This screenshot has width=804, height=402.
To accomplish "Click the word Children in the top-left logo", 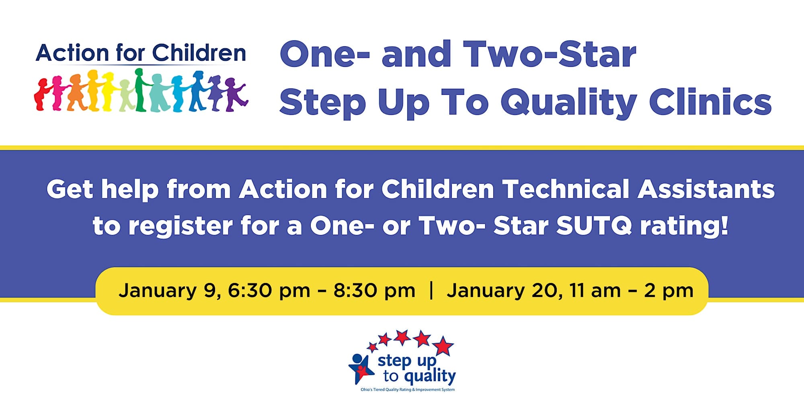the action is click(x=199, y=53).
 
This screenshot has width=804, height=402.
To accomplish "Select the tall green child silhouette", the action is click(x=140, y=90).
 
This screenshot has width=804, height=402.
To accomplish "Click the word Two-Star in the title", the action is click(x=550, y=54).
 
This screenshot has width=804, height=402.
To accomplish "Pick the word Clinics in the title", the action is click(x=710, y=102).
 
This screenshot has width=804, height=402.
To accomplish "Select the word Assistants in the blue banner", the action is click(x=706, y=189).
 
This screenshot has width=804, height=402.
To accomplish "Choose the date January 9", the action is click(x=169, y=291).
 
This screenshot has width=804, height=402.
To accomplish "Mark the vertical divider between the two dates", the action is click(x=431, y=290).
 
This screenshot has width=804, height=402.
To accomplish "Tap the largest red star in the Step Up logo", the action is click(x=443, y=346).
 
